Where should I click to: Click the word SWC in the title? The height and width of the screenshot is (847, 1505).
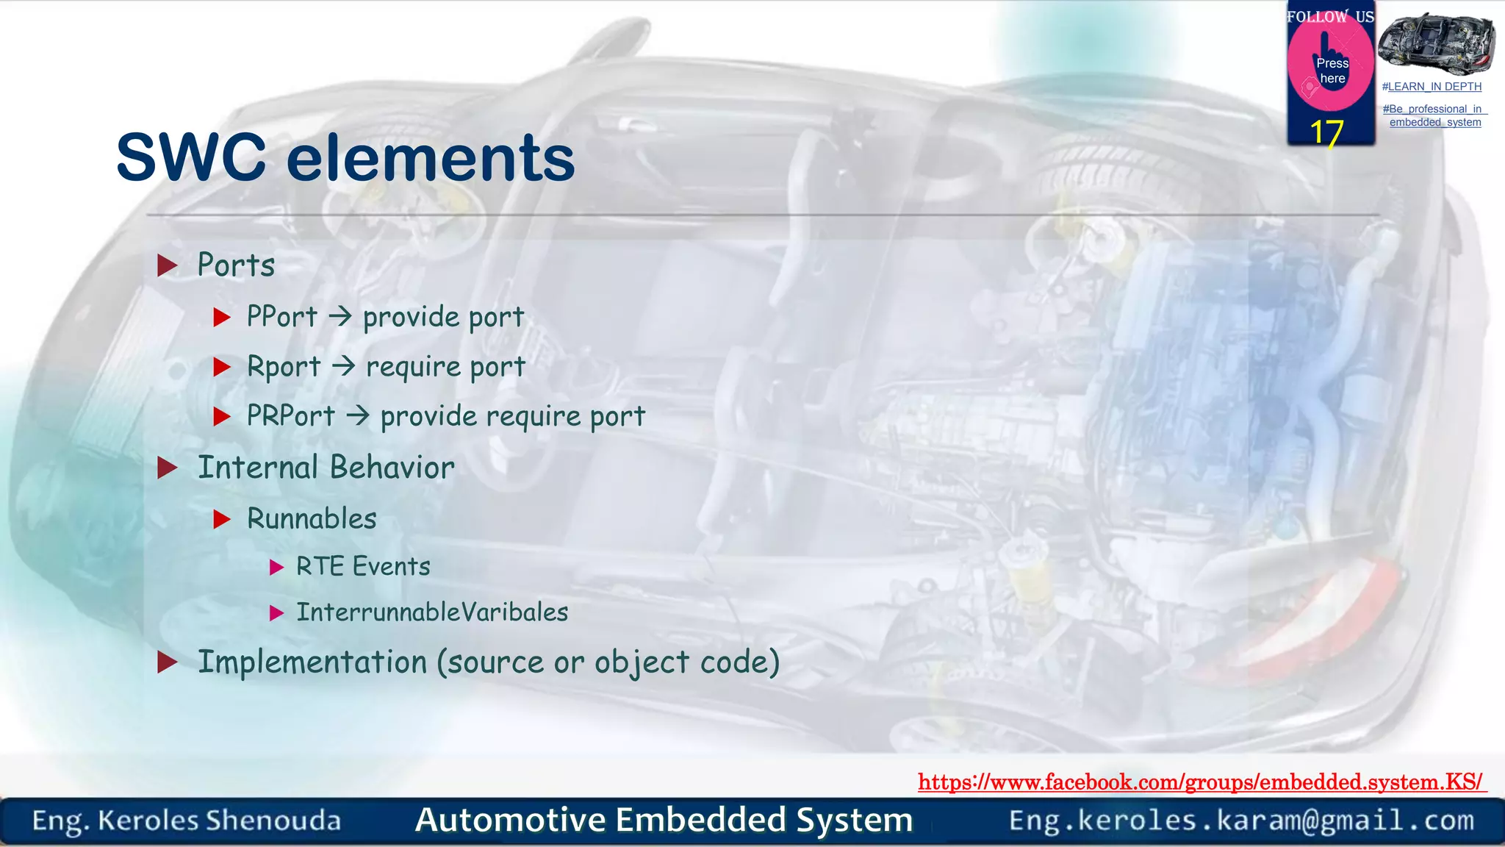[x=191, y=158]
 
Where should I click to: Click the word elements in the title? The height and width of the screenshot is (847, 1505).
[x=431, y=158]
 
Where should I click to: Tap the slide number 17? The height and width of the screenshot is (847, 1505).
[x=1326, y=133]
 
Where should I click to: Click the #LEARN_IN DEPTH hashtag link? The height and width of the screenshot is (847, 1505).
[x=1432, y=87]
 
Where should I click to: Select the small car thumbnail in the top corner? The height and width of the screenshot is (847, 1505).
[x=1435, y=43]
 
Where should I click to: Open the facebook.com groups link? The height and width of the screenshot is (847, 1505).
[x=1201, y=782]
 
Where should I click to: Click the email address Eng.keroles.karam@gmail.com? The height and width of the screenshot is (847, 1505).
[x=1241, y=820]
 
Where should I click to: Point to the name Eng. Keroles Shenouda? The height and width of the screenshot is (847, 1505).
[x=187, y=821]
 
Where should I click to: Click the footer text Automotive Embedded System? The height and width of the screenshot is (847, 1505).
[x=664, y=820]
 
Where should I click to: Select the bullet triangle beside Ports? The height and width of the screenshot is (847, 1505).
[x=168, y=265]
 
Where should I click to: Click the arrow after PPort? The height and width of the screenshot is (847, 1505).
[x=340, y=317]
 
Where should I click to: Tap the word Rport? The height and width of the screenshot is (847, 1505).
[x=284, y=366]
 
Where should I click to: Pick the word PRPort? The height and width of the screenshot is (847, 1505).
[x=291, y=415]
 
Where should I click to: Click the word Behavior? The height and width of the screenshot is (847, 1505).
[x=392, y=468]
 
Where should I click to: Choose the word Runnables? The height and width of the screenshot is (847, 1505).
[x=312, y=519]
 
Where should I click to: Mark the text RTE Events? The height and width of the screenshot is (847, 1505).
[x=363, y=567]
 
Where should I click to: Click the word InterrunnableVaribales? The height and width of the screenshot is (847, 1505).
[x=432, y=612]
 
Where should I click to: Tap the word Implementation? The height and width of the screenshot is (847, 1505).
[x=312, y=662]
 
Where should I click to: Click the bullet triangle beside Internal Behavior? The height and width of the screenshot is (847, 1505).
[x=168, y=468]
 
